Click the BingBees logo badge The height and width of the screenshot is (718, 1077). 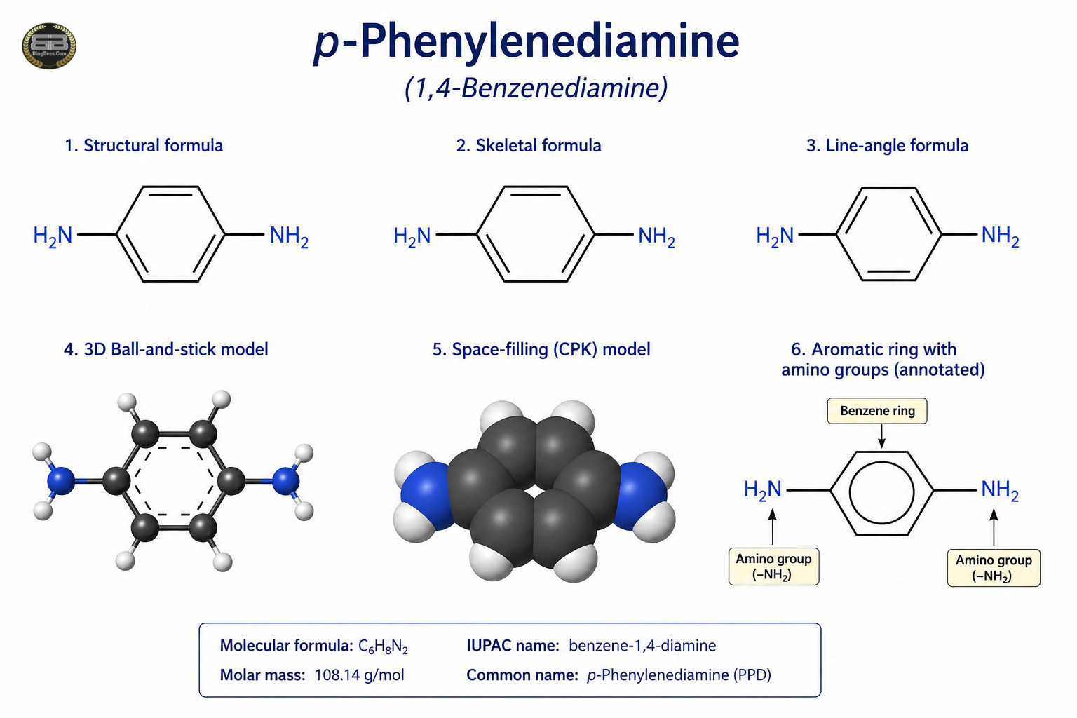point(49,46)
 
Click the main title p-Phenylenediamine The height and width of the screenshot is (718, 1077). point(527,42)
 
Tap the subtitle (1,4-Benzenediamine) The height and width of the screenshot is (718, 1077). point(536,88)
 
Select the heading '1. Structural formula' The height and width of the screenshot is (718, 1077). point(144,145)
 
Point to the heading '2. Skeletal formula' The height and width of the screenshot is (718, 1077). point(529,145)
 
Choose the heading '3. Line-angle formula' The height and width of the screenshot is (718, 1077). point(888,145)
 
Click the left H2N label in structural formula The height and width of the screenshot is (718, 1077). point(53,236)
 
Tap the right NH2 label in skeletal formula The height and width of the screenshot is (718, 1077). point(657,236)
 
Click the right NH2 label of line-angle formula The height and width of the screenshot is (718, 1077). point(1000,236)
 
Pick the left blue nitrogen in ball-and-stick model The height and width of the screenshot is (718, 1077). point(61,480)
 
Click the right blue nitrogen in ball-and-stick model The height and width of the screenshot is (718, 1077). point(286,481)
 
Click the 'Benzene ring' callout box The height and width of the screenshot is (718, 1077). point(877,411)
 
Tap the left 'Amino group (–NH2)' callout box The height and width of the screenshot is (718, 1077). point(773,566)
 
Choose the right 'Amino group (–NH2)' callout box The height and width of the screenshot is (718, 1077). point(994,567)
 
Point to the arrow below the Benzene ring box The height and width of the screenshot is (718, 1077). point(881,436)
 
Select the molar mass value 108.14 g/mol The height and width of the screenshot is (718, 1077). point(359,675)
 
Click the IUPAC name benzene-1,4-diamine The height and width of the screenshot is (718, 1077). point(642,645)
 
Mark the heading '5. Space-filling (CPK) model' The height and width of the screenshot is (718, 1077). point(541,350)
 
